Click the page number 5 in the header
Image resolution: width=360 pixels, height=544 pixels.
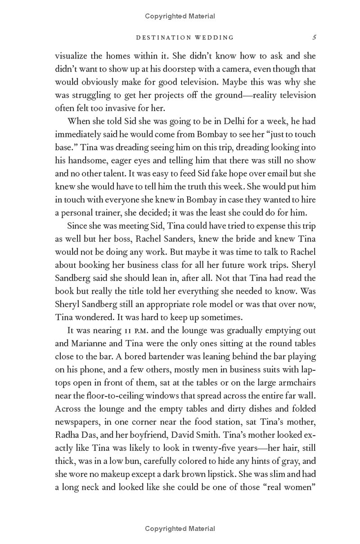point(314,37)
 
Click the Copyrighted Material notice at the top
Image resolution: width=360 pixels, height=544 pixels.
point(180,16)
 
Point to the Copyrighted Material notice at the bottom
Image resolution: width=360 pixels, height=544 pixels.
point(180,529)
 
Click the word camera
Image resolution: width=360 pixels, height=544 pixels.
point(235,69)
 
